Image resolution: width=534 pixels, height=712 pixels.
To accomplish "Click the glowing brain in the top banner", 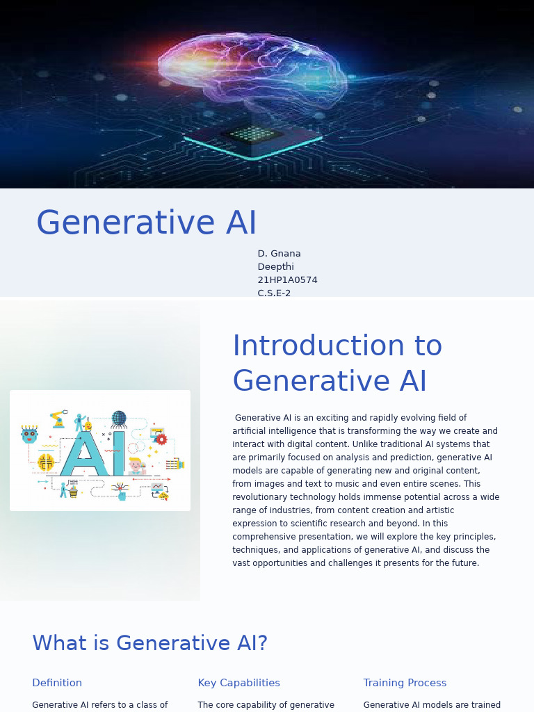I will click(x=250, y=70).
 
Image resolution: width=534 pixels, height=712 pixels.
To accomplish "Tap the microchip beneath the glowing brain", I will click(x=252, y=135).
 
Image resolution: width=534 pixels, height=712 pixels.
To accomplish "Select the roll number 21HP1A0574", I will click(x=287, y=280).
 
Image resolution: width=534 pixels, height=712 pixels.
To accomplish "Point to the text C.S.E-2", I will click(x=274, y=293).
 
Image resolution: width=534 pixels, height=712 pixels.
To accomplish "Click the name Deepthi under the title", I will click(x=275, y=267).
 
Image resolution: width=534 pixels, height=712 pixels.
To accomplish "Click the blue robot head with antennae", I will click(x=29, y=435).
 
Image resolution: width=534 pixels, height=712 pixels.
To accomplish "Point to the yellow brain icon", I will click(x=46, y=462).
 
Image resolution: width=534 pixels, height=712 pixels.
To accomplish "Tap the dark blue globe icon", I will click(x=119, y=418).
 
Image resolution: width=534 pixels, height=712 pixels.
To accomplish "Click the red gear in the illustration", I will click(x=161, y=439).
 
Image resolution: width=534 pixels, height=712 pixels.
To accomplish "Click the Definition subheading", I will click(x=57, y=683).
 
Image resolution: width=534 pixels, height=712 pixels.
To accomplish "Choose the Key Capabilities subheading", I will click(x=238, y=683).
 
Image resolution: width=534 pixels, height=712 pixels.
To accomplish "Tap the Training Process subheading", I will click(x=405, y=683).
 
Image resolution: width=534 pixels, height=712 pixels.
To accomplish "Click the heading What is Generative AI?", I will click(x=149, y=643).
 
